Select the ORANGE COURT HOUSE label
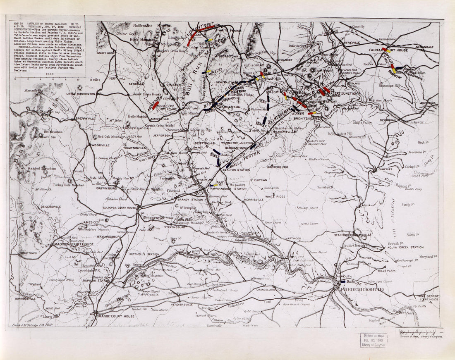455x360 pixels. pos(115,316)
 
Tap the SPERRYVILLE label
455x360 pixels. pos(85,118)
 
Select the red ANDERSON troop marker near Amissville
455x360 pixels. pos(155,105)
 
